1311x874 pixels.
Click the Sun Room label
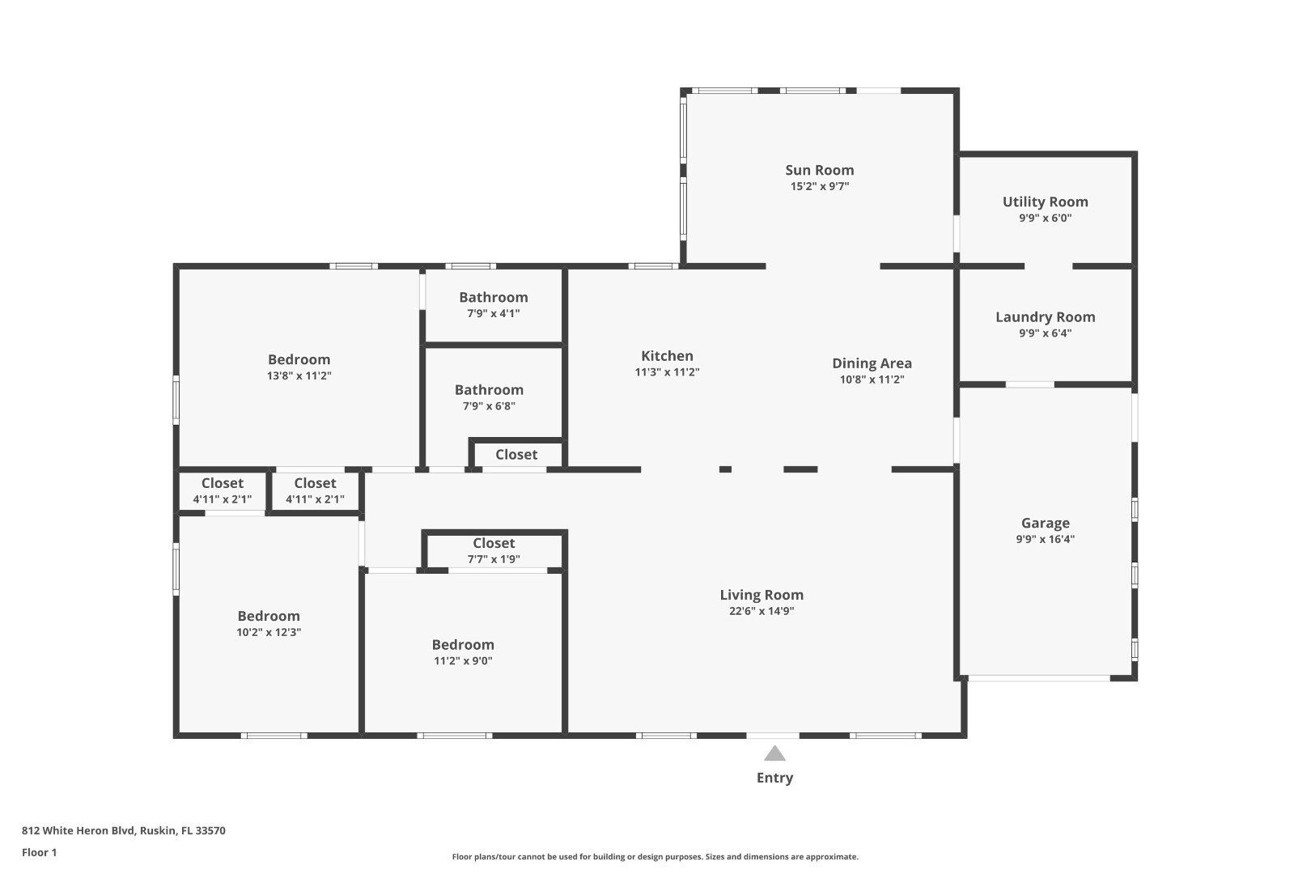pos(819,170)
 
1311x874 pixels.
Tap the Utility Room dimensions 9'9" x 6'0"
pos(1045,218)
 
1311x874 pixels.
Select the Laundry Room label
pos(1045,317)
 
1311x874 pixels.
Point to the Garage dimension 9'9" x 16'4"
pos(1045,539)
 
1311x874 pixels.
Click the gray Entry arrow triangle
pos(774,754)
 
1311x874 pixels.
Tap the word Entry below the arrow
pos(774,778)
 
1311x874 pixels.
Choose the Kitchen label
pos(667,356)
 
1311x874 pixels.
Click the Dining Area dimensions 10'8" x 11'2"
pos(872,380)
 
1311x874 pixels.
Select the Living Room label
pos(761,595)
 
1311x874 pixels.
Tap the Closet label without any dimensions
pos(516,455)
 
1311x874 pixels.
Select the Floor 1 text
pos(39,852)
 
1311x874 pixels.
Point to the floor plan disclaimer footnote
pos(655,856)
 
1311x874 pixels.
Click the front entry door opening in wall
pos(772,736)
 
